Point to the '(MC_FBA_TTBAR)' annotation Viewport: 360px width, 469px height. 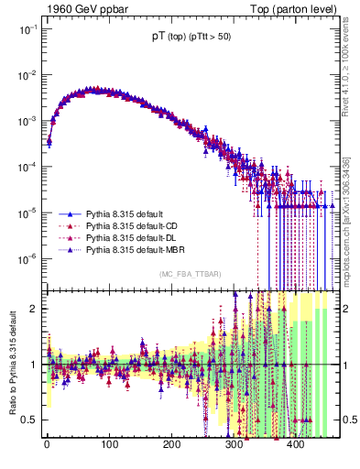tap(189, 275)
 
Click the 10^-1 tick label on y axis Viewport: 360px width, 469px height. tap(24, 28)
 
